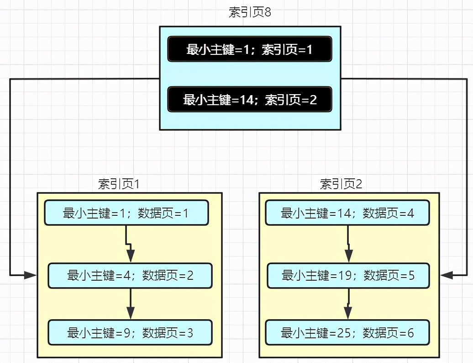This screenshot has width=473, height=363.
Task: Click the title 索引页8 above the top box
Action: (250, 12)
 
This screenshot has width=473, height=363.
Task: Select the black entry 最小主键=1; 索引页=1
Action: (249, 49)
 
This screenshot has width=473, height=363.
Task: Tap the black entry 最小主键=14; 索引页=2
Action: (249, 100)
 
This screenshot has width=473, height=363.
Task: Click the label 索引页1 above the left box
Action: (119, 184)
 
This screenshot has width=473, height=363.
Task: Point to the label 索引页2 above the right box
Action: (341, 184)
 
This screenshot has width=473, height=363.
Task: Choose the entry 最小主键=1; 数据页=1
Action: (126, 213)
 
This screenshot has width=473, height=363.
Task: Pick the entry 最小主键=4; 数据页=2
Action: (130, 275)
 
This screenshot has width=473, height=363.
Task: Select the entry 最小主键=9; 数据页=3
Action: (130, 332)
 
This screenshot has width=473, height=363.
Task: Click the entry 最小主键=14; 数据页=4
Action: (347, 213)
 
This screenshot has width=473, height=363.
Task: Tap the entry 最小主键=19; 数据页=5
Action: (348, 275)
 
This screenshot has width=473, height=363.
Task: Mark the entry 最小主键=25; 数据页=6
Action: (347, 332)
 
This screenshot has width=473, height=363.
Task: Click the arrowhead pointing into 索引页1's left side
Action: (31, 275)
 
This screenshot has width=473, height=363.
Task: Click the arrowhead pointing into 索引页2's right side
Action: (447, 275)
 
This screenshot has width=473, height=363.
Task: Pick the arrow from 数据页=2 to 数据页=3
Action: (131, 304)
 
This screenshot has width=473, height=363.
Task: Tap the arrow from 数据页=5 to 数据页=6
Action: (348, 304)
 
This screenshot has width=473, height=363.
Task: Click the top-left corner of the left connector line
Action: (11, 80)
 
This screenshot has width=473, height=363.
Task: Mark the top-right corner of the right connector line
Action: (467, 80)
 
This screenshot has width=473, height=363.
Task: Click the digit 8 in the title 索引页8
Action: (268, 12)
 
